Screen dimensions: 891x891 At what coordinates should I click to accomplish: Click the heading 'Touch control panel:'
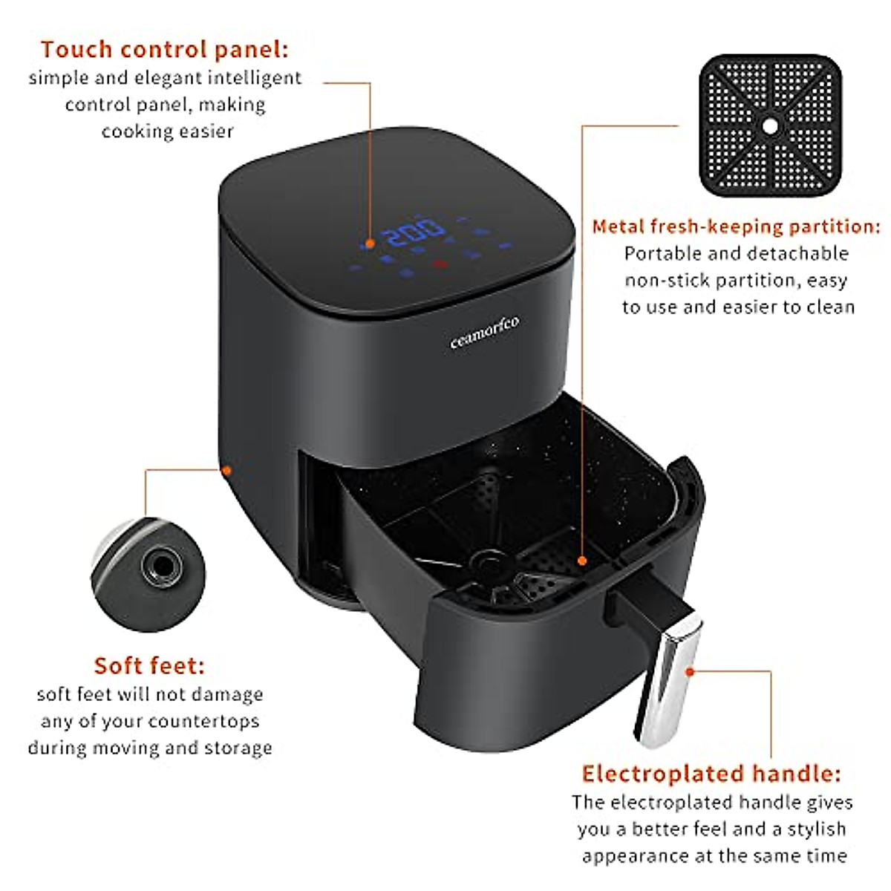164,50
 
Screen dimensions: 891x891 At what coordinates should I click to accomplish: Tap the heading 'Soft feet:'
148,665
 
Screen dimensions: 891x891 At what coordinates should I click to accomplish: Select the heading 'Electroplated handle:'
711,774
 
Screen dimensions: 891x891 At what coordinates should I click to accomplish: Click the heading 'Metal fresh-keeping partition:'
736,226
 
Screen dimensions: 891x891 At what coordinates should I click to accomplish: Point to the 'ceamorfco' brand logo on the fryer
485,331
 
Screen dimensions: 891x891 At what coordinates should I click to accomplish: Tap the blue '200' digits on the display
414,233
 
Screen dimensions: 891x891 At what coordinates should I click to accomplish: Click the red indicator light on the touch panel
440,263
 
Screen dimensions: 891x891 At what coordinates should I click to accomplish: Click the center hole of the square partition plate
770,125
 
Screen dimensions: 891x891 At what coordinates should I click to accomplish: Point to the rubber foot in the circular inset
161,567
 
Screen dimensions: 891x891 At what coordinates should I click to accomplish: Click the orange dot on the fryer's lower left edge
227,470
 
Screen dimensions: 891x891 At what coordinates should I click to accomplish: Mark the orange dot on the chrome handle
690,671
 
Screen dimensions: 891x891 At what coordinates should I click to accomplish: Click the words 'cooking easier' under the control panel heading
167,131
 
